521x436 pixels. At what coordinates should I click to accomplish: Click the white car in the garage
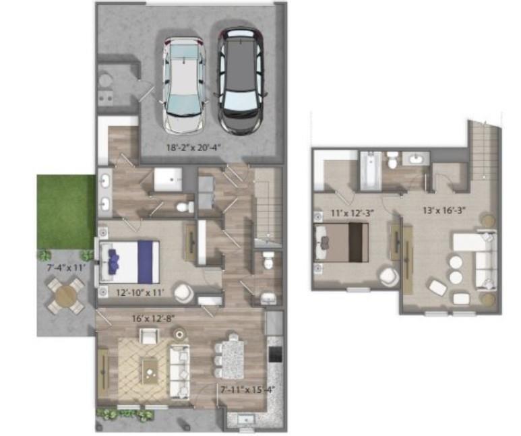[x=184, y=84]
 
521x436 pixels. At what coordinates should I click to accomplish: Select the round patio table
[x=65, y=295]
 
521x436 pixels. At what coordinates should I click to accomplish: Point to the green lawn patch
[x=65, y=211]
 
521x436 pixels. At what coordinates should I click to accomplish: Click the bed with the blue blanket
[x=131, y=261]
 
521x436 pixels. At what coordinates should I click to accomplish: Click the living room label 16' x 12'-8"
[x=153, y=317]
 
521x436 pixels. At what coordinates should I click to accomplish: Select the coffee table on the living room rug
[x=149, y=367]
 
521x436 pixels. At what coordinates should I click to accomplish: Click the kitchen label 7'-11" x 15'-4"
[x=241, y=389]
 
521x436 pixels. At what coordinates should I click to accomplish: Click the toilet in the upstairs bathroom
[x=392, y=161]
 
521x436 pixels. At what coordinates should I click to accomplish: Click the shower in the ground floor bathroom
[x=166, y=180]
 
